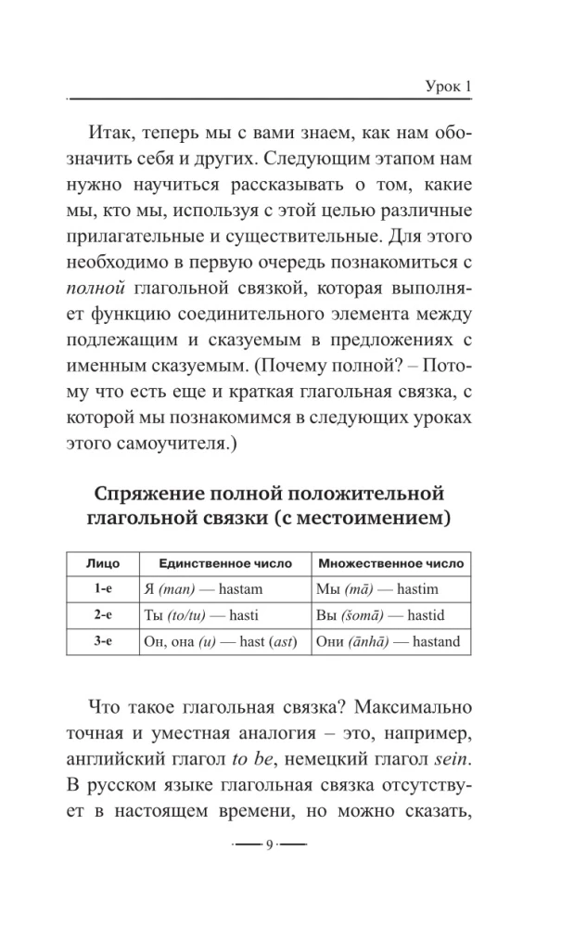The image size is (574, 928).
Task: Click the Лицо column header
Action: (x=102, y=563)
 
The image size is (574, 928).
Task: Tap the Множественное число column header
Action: (x=390, y=563)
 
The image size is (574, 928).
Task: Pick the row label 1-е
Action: (x=102, y=588)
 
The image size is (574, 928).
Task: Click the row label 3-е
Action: (x=102, y=640)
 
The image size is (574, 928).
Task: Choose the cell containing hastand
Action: (x=389, y=641)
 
